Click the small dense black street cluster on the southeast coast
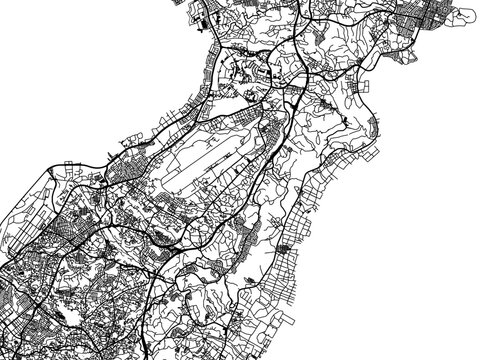286,250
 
